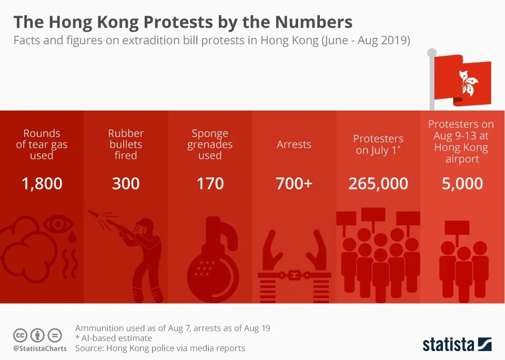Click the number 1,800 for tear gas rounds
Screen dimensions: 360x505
point(42,184)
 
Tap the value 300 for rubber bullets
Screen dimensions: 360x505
point(126,184)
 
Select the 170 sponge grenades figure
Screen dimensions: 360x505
point(210,184)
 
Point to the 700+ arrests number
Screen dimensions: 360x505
point(294,184)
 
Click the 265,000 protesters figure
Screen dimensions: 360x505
point(378,184)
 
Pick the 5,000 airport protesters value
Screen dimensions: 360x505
point(462,184)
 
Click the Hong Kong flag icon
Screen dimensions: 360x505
point(462,80)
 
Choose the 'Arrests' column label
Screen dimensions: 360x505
point(294,144)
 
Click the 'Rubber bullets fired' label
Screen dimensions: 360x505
point(126,144)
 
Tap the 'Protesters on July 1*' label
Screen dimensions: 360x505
point(378,144)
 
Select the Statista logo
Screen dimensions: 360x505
point(457,345)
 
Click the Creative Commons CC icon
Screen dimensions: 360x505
point(20,335)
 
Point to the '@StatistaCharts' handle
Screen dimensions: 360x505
point(40,348)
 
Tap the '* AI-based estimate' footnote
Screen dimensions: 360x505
point(114,338)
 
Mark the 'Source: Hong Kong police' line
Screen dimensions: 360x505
point(160,348)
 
